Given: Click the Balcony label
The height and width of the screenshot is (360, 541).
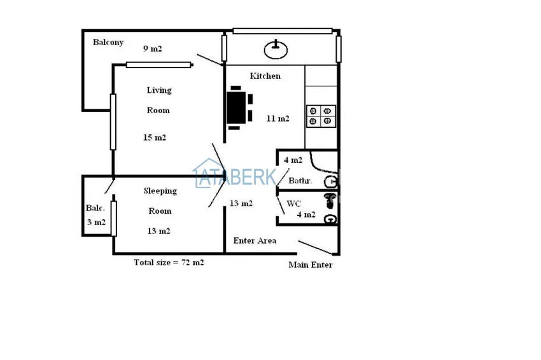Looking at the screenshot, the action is click(x=108, y=43).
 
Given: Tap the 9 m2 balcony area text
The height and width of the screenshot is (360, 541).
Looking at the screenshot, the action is click(x=153, y=48).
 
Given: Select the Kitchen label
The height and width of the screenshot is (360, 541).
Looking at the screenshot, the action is click(x=265, y=76).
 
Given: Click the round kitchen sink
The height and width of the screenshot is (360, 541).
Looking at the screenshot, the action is click(x=276, y=50).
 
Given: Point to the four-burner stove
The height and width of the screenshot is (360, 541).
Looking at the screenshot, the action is click(x=321, y=116).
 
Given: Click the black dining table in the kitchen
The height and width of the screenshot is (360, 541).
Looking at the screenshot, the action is click(x=236, y=107).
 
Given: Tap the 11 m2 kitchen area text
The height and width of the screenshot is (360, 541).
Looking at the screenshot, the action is click(x=278, y=118).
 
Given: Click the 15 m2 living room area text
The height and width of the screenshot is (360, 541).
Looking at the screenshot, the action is click(x=155, y=137).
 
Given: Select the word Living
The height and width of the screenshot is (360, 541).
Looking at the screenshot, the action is click(x=159, y=90).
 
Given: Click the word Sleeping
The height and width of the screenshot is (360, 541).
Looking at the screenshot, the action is click(x=160, y=191).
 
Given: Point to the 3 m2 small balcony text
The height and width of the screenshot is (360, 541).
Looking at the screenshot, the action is click(x=96, y=223).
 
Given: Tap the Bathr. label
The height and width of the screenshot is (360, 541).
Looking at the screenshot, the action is click(x=300, y=181).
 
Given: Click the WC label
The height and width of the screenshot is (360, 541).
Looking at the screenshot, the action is click(x=293, y=204).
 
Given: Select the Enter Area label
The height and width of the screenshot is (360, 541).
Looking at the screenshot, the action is click(x=255, y=240).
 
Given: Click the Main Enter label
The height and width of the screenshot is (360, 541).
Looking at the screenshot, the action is click(x=311, y=265).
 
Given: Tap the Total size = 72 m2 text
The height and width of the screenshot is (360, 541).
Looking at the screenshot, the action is click(x=169, y=263).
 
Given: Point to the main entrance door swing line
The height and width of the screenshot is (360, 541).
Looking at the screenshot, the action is click(x=316, y=248).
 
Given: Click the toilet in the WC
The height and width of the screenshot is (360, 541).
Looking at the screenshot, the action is click(x=330, y=201).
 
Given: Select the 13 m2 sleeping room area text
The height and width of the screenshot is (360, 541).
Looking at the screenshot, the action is click(x=158, y=231).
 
